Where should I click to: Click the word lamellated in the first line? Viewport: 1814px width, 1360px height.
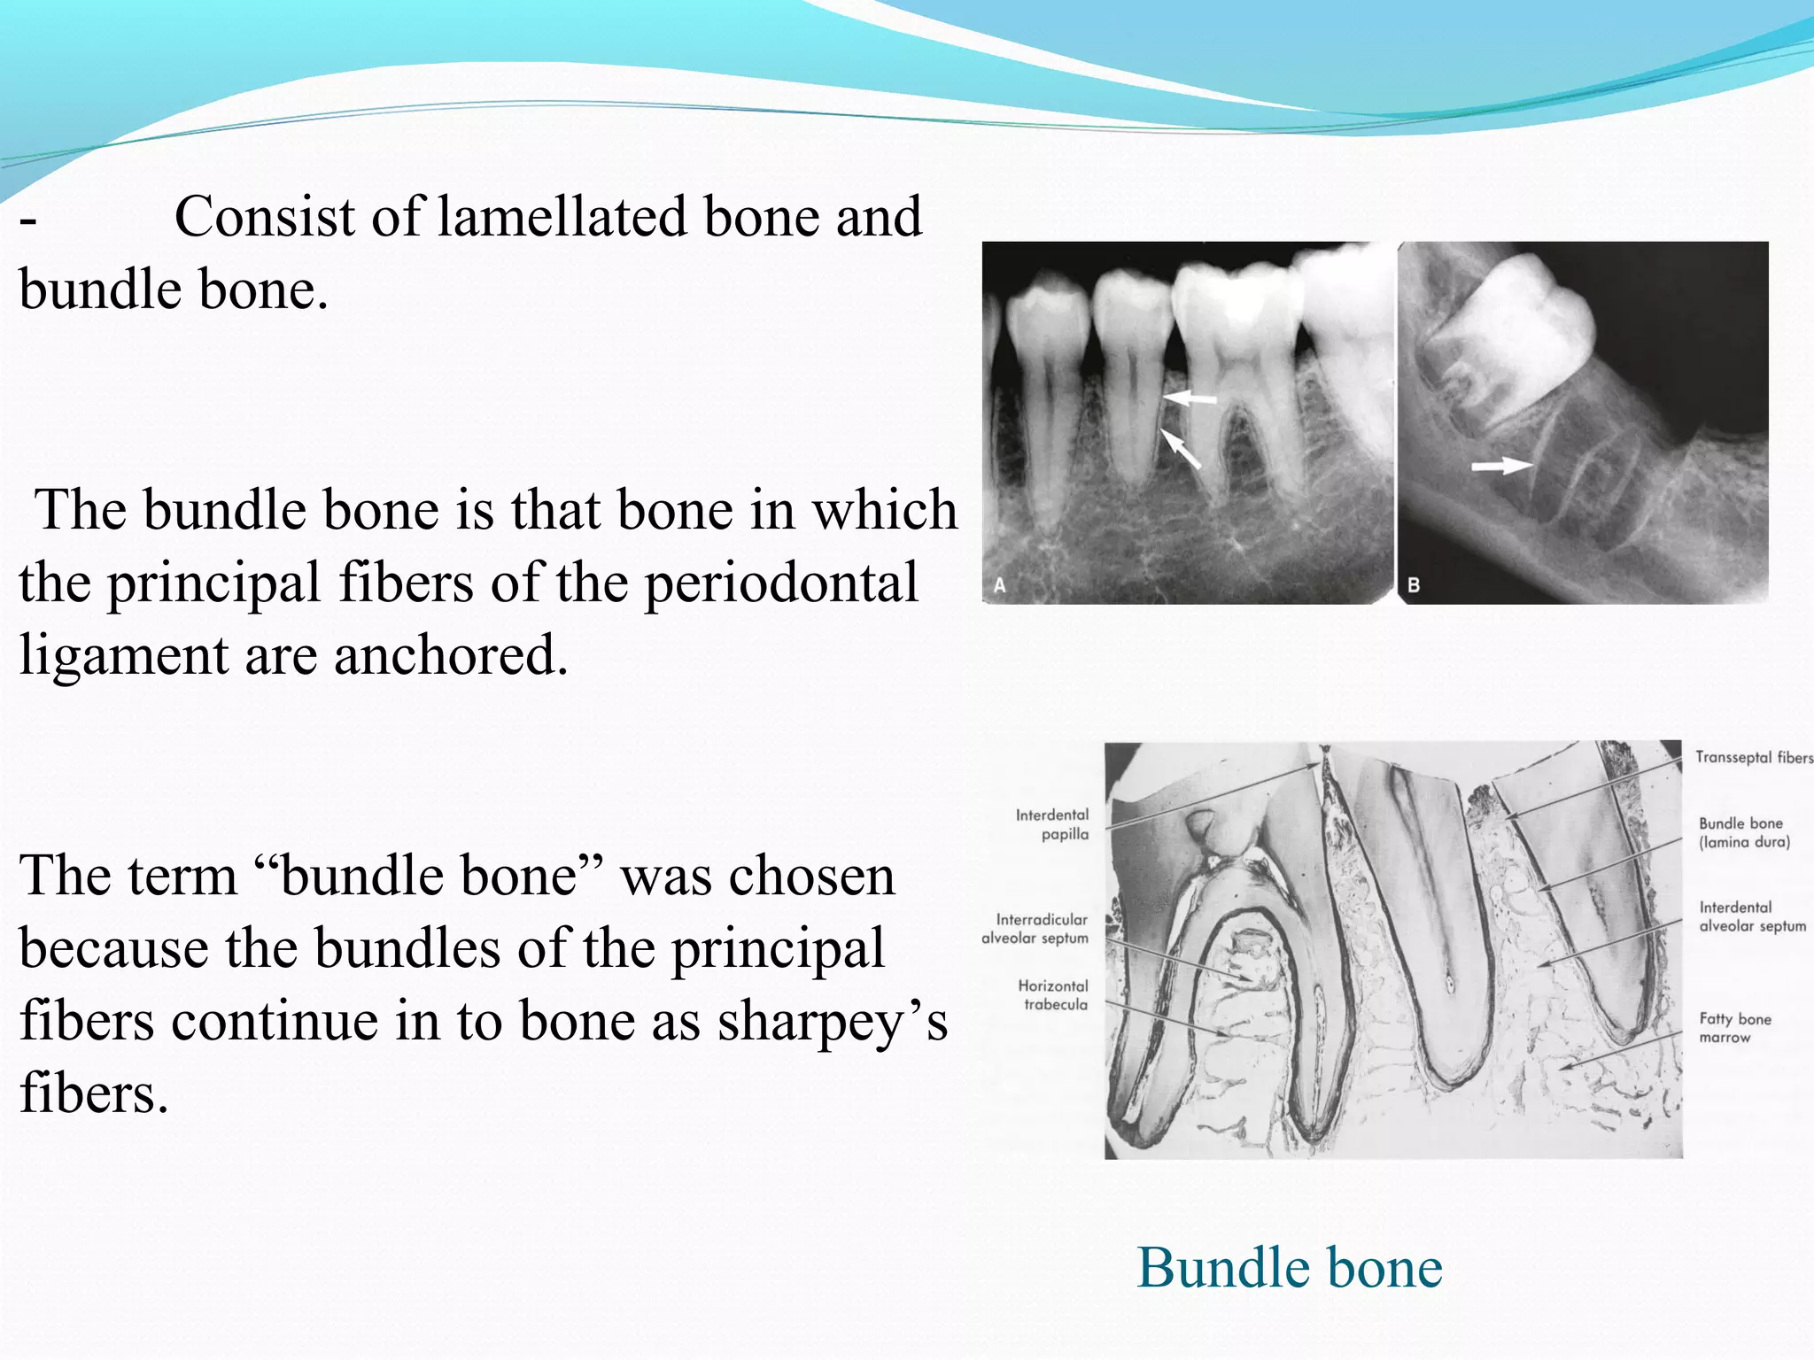[x=562, y=217]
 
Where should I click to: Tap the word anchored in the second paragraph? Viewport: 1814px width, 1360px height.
[x=450, y=655]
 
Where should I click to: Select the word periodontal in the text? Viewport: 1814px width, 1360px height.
[x=780, y=583]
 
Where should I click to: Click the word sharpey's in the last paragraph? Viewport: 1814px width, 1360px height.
[x=832, y=1021]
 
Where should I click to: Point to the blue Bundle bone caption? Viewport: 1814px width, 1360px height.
[x=1289, y=1268]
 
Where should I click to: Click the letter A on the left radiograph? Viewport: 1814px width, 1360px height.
[x=999, y=585]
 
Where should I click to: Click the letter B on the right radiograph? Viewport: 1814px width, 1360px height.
[x=1414, y=585]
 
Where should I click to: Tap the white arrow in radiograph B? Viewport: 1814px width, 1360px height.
[x=1501, y=465]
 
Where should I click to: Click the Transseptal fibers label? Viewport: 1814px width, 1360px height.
[x=1753, y=758]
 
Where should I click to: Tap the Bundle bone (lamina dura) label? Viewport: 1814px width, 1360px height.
[x=1743, y=833]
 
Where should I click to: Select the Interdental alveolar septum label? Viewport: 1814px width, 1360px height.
[x=1751, y=917]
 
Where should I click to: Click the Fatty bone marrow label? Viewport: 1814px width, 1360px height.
[x=1734, y=1028]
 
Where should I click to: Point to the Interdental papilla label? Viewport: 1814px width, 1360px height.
[x=1053, y=824]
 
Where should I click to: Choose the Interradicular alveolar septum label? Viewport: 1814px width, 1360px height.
[x=1035, y=929]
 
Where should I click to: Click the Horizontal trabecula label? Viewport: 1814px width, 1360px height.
[x=1053, y=995]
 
